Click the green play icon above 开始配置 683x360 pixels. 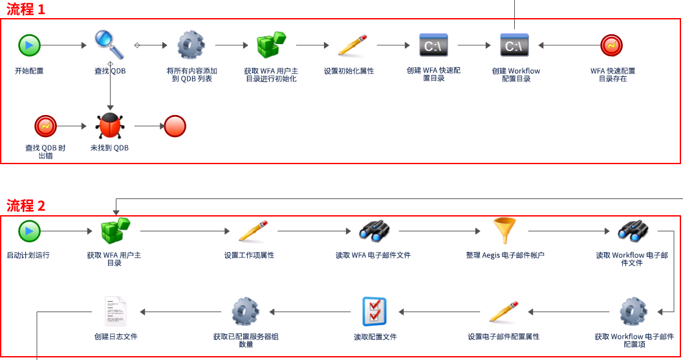pyautogui.click(x=29, y=45)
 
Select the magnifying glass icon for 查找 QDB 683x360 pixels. pyautogui.click(x=109, y=45)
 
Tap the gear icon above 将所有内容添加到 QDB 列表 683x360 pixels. pyautogui.click(x=191, y=45)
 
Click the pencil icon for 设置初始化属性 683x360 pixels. pyautogui.click(x=352, y=45)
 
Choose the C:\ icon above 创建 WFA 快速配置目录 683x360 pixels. pyautogui.click(x=433, y=45)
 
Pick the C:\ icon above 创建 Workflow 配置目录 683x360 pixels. pyautogui.click(x=514, y=45)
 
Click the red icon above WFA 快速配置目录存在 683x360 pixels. pyautogui.click(x=612, y=45)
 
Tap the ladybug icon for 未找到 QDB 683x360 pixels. pyautogui.click(x=110, y=126)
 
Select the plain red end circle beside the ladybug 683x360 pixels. pyautogui.click(x=175, y=126)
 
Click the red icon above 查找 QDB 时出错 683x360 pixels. pyautogui.click(x=46, y=126)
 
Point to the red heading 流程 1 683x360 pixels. pyautogui.click(x=26, y=9)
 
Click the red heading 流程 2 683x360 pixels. pyautogui.click(x=26, y=206)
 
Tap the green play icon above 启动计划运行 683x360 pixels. pyautogui.click(x=29, y=231)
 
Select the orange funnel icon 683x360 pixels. pyautogui.click(x=504, y=231)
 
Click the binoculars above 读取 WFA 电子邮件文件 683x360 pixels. pyautogui.click(x=374, y=231)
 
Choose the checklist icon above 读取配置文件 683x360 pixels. pyautogui.click(x=374, y=312)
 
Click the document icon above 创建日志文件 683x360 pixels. pyautogui.click(x=116, y=312)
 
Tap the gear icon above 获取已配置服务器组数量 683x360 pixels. pyautogui.click(x=245, y=312)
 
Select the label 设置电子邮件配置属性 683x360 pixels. pyautogui.click(x=504, y=337)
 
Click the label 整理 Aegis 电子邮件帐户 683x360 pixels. pyautogui.click(x=505, y=255)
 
